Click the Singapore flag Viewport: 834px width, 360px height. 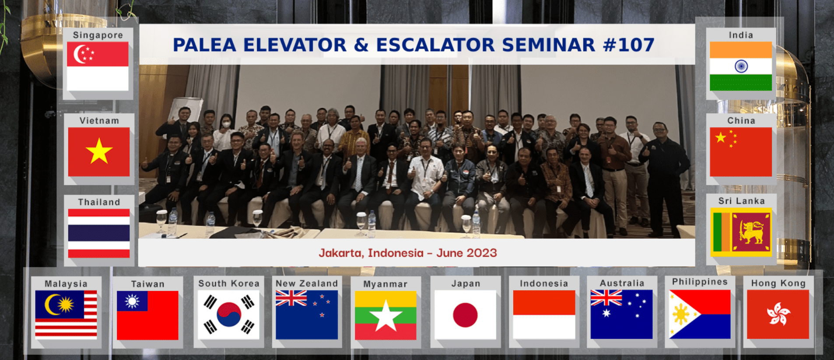(98, 66)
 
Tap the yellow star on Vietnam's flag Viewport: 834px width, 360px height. (99, 151)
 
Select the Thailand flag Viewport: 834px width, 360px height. (99, 233)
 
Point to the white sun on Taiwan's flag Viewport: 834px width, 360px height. (132, 301)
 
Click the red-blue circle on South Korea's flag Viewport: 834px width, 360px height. (229, 315)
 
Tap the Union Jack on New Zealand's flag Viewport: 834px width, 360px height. (291, 298)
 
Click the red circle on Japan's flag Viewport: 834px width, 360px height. (465, 315)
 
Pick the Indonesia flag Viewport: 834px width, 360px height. (544, 315)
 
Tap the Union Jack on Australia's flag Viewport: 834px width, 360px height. (606, 297)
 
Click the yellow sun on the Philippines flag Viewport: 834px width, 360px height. (681, 314)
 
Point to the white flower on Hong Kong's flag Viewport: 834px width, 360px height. (778, 314)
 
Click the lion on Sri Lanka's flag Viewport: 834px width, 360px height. (751, 232)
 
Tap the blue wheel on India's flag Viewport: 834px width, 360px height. (741, 66)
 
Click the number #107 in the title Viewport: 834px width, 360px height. (628, 45)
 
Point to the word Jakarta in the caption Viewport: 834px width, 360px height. (340, 253)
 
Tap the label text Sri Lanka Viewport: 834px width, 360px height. (741, 201)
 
